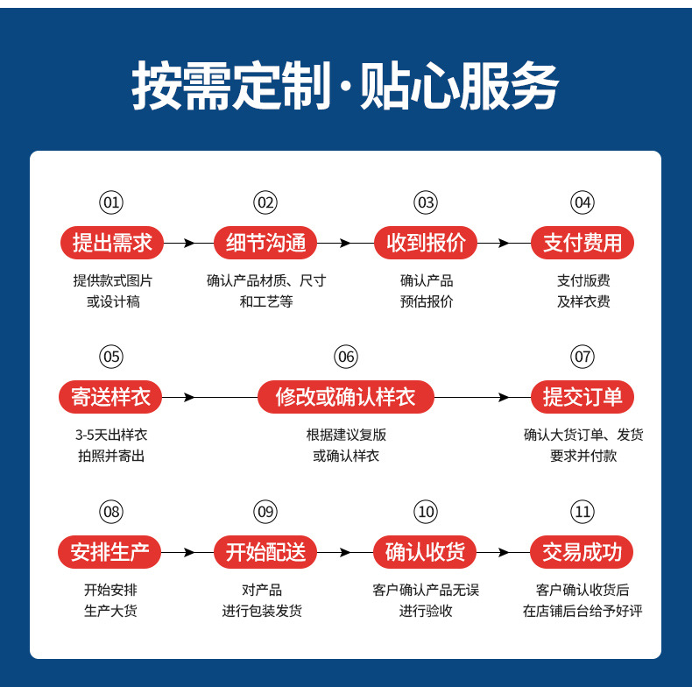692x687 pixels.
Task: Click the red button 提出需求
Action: click(112, 243)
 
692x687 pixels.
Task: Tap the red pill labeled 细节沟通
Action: click(265, 243)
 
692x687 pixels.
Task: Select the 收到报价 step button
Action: click(426, 243)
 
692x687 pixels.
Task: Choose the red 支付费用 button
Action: click(582, 243)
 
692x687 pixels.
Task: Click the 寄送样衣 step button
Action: click(111, 397)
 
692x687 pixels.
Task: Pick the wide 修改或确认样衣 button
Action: click(345, 397)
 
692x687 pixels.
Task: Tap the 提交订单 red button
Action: click(582, 397)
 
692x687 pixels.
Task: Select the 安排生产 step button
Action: click(111, 552)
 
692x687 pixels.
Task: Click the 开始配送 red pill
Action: click(265, 552)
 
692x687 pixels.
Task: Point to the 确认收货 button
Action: click(426, 552)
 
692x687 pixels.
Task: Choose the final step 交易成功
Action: click(582, 552)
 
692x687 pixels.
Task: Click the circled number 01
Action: click(111, 202)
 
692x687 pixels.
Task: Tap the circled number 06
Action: click(346, 357)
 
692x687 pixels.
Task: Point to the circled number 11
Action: click(582, 512)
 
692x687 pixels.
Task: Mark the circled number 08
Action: click(111, 512)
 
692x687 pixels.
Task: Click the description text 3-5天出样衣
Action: click(111, 435)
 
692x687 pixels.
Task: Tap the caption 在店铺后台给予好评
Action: click(583, 611)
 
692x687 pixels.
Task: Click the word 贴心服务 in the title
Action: click(459, 88)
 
